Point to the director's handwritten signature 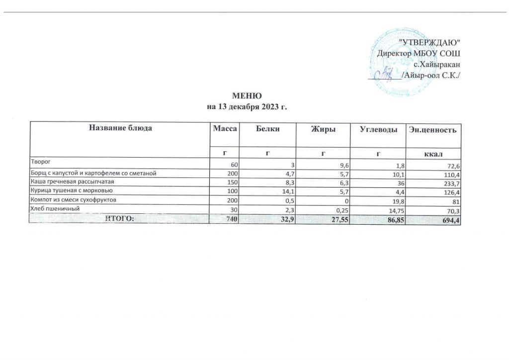coord(385,75)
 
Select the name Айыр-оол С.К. coord(432,75)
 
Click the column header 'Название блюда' coord(120,129)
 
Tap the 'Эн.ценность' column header coord(432,130)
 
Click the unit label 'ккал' coord(433,152)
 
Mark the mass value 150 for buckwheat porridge coord(234,183)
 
